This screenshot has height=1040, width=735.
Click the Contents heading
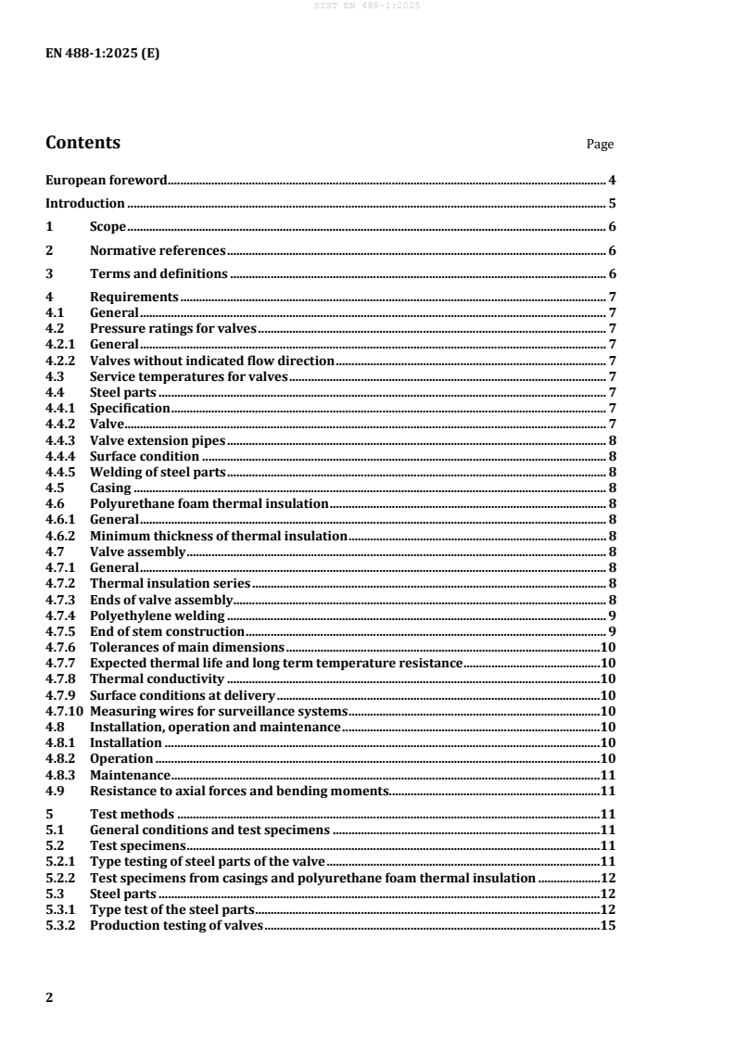coord(82,143)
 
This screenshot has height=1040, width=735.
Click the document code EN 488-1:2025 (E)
coord(102,53)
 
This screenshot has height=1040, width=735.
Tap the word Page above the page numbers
coord(600,145)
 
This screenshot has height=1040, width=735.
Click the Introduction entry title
coord(85,204)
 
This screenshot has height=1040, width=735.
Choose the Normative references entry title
coord(158,251)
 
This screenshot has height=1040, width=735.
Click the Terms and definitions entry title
coord(158,274)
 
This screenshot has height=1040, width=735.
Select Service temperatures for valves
coord(189,376)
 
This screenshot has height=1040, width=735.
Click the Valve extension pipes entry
coord(158,440)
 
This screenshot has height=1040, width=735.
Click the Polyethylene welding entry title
coord(158,615)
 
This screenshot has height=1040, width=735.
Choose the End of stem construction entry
coord(171,631)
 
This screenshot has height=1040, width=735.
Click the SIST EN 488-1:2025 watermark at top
coord(367,6)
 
